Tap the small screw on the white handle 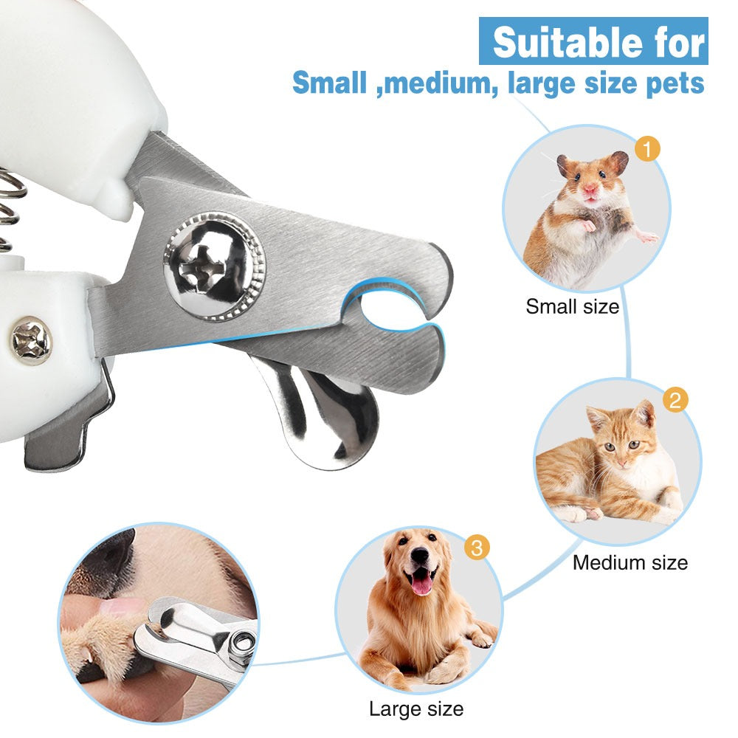[x=31, y=340]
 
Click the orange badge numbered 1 [x=646, y=150]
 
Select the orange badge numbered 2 [x=675, y=401]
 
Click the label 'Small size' [x=572, y=306]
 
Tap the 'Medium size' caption [x=630, y=562]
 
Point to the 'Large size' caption [x=416, y=709]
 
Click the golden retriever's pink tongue [x=421, y=584]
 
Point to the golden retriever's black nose [x=420, y=557]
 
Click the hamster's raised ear [x=618, y=162]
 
